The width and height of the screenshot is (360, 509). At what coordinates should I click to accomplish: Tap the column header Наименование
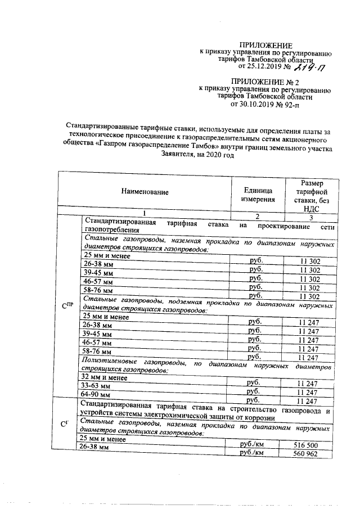coord(145,192)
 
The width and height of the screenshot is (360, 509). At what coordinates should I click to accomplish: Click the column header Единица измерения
coord(258,195)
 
